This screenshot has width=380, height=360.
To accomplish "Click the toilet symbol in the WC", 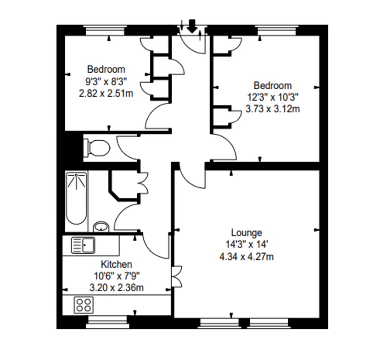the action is point(97,148).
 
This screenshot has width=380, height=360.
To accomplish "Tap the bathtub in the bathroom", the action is point(76,198).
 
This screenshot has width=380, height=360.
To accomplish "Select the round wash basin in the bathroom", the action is point(101,227).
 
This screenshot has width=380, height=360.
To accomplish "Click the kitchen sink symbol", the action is point(83,245).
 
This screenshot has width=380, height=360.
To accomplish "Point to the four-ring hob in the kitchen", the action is point(83,305).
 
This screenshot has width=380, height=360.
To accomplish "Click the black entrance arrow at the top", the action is point(192,26).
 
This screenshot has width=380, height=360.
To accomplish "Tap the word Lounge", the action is point(246,233).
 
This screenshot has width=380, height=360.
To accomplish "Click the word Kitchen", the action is point(116,264).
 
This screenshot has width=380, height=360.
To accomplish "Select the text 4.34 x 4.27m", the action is point(246,256).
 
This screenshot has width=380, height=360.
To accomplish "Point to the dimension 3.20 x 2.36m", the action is point(116,288).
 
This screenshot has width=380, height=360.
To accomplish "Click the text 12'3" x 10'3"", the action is point(273,97).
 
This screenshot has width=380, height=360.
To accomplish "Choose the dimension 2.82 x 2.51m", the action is point(106,93).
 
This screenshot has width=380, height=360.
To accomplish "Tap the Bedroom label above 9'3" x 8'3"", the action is point(106,69).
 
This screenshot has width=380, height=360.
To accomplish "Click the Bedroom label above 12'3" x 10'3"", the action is point(273,86).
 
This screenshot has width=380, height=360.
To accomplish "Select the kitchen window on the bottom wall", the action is point(107,322).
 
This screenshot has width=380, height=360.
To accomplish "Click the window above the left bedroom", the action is point(105,30).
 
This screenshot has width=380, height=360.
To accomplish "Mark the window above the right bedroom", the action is point(277,30).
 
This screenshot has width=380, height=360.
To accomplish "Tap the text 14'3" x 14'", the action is point(246,244).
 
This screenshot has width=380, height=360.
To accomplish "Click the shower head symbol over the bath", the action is point(76,180).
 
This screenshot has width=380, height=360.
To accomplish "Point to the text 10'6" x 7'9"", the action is point(116,276).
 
